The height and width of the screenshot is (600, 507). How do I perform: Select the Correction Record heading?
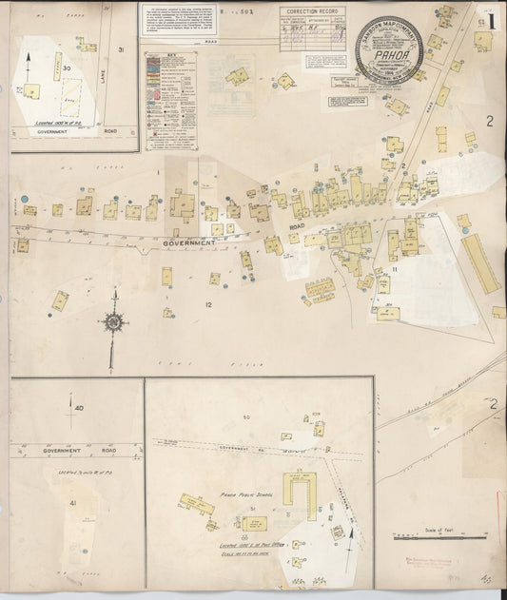pyautogui.click(x=313, y=11)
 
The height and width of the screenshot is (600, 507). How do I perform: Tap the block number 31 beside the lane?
pyautogui.click(x=121, y=49)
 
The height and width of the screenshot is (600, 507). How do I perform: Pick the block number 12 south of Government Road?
pyautogui.click(x=207, y=304)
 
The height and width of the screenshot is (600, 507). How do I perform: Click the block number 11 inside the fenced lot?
pyautogui.click(x=392, y=270)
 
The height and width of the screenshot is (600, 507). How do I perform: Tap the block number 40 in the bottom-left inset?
pyautogui.click(x=78, y=408)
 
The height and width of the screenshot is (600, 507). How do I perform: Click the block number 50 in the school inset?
pyautogui.click(x=246, y=417)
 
